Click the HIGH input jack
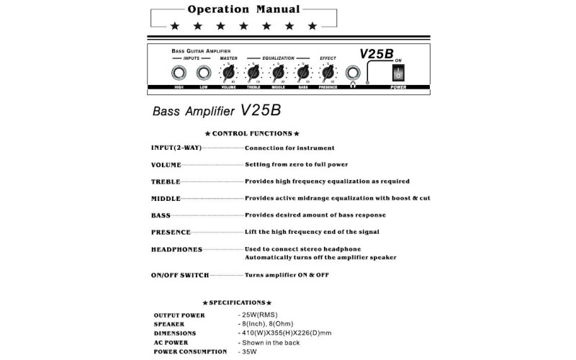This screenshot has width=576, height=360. click(179, 73)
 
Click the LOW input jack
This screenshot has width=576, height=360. click(204, 73)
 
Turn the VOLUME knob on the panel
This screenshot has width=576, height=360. click(228, 73)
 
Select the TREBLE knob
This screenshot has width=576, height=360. click(253, 73)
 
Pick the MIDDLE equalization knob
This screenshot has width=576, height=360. click(278, 73)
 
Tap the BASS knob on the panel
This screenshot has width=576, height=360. click(303, 73)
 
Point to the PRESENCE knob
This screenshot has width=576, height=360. click(328, 73)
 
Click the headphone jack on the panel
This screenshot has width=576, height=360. click(353, 73)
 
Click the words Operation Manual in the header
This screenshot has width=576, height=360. click(243, 9)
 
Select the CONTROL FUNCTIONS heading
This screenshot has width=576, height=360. click(252, 134)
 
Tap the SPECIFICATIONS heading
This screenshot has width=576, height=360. click(237, 303)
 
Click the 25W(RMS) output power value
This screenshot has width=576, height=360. click(257, 315)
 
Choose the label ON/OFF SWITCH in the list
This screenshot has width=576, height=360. click(180, 275)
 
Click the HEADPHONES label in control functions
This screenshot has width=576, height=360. click(176, 249)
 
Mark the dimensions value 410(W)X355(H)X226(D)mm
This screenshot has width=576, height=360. click(285, 333)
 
